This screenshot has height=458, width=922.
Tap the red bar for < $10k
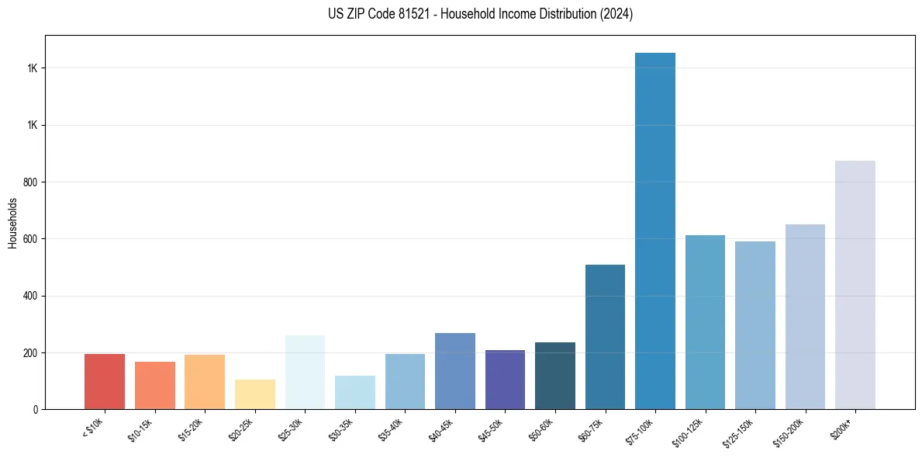point(105,381)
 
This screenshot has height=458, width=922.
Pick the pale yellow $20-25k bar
point(255,394)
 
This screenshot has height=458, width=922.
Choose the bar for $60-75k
point(605,337)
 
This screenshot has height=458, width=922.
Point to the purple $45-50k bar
point(505,380)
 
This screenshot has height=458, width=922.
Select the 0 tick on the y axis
point(36,409)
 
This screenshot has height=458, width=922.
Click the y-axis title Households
point(12,223)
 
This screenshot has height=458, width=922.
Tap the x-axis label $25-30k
point(291,429)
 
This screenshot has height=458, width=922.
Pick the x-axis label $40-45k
point(440,429)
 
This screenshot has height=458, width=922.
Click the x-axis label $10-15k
point(140,429)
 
